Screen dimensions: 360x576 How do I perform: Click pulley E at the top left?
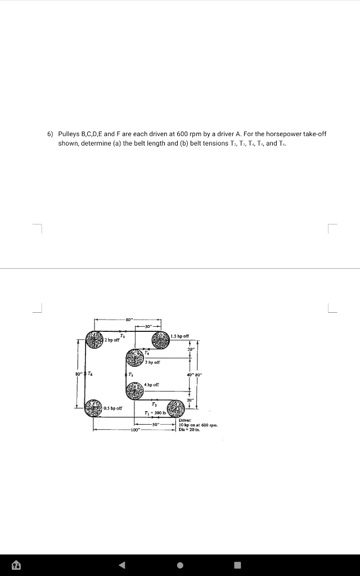[94, 340]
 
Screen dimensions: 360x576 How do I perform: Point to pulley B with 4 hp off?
[135, 389]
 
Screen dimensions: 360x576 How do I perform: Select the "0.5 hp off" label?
[114, 407]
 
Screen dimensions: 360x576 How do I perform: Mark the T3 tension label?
[130, 373]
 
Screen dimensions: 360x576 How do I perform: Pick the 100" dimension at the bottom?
[134, 430]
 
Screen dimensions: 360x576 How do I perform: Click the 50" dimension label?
[156, 423]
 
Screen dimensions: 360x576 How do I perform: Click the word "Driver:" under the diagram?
[186, 420]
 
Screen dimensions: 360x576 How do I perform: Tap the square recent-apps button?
[237, 565]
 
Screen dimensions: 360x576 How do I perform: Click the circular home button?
[179, 565]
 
